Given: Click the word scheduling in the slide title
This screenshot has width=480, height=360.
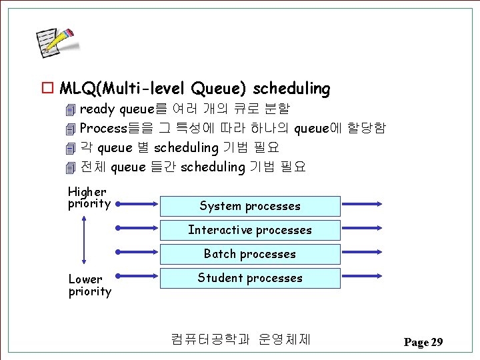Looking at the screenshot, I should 291,88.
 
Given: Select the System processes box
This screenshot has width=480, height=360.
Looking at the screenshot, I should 250,206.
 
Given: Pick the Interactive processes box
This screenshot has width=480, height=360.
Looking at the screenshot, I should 250,230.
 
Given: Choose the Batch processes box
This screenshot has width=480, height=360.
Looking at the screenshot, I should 250,254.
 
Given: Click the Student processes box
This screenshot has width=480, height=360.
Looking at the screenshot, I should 250,278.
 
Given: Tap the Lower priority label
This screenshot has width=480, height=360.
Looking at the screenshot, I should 89,285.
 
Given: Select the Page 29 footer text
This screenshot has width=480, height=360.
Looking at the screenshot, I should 423,342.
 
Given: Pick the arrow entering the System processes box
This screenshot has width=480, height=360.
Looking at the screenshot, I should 138,203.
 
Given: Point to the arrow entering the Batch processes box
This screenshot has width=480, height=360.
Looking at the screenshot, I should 138,251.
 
